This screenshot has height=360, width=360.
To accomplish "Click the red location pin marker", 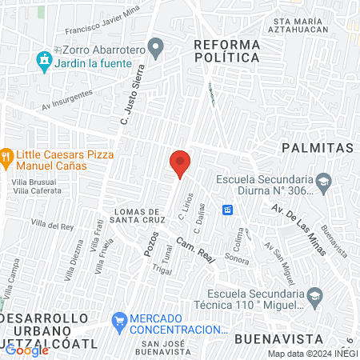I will pyautogui.click(x=179, y=164).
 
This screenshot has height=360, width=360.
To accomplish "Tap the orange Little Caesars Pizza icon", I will pyautogui.click(x=6, y=156).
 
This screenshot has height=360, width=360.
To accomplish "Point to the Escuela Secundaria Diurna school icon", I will pyautogui.click(x=323, y=182).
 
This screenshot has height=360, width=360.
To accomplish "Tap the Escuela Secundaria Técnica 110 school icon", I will pyautogui.click(x=315, y=297).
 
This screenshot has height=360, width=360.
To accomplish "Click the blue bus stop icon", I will pyautogui.click(x=228, y=210).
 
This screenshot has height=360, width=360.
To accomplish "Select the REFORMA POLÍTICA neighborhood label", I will pyautogui.click(x=227, y=50).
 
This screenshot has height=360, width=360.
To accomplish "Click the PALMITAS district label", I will pyautogui.click(x=317, y=149).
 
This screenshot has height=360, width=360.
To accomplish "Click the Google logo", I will pyautogui.click(x=26, y=350).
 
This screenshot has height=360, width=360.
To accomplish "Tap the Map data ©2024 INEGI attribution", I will pyautogui.click(x=311, y=354).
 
